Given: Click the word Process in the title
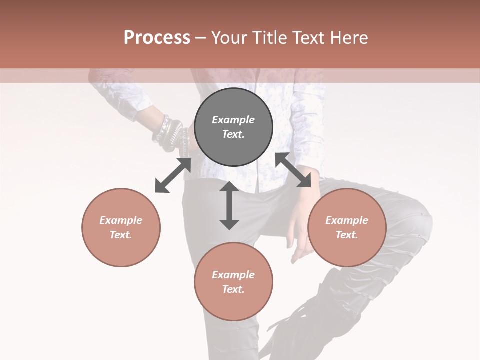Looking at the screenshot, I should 157,38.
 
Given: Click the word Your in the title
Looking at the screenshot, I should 227,38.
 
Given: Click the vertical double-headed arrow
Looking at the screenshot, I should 229,205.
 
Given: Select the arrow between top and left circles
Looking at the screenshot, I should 173,175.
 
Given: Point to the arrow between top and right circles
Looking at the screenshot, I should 293,170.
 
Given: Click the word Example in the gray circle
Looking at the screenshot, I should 233,120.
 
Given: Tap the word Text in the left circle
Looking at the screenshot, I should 121,235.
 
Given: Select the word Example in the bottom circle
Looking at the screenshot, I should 233,275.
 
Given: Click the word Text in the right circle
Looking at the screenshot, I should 346,235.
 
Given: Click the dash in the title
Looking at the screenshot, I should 201,38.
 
